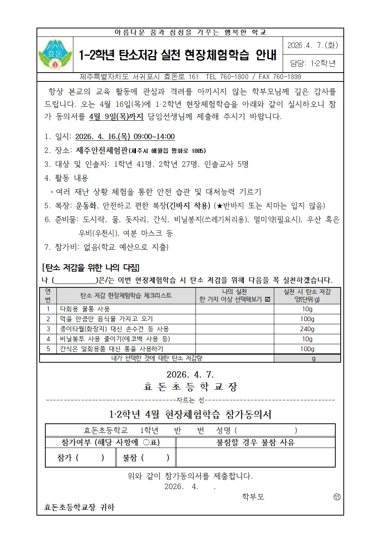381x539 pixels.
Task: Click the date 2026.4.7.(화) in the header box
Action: pyautogui.click(x=313, y=45)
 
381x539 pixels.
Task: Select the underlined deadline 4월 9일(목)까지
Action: pyautogui.click(x=116, y=117)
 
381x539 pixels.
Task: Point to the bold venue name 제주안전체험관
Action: pyautogui.click(x=101, y=150)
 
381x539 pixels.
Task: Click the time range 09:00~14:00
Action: pyautogui.click(x=154, y=136)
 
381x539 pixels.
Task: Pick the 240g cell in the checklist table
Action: pyautogui.click(x=307, y=329)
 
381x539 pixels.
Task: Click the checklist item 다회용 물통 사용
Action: pyautogui.click(x=85, y=309)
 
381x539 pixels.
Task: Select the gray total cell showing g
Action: pyautogui.click(x=307, y=358)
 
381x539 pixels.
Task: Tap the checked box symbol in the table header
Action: pyautogui.click(x=268, y=300)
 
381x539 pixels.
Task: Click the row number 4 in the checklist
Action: pyautogui.click(x=48, y=339)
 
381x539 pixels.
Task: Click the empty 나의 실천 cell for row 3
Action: pyautogui.click(x=234, y=329)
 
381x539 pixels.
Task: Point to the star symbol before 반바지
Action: pyautogui.click(x=220, y=206)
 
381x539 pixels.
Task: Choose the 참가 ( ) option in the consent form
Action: pyautogui.click(x=80, y=458)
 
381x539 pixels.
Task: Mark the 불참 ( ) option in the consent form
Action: pyautogui.click(x=146, y=458)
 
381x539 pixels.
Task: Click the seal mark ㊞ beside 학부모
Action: pyautogui.click(x=337, y=497)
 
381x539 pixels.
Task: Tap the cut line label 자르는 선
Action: pyautogui.click(x=190, y=400)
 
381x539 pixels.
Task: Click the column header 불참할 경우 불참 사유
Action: pyautogui.click(x=255, y=443)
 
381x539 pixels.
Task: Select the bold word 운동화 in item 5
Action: pyautogui.click(x=86, y=206)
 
